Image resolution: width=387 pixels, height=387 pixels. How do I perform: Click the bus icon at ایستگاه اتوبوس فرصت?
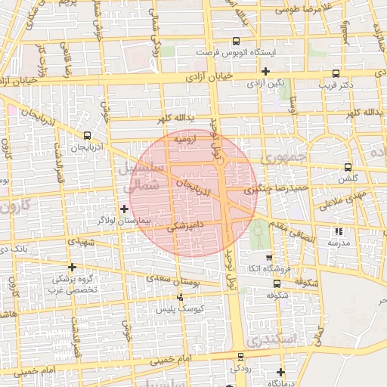point(237,41)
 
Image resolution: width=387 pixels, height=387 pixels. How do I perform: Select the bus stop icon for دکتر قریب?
point(336,73)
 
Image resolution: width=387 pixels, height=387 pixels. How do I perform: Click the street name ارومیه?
point(185,139)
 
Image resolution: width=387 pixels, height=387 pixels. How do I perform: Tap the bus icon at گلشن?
point(348,167)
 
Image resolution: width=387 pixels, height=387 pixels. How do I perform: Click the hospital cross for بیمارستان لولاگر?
point(125,208)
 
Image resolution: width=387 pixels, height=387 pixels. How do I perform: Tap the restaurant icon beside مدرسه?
point(338,231)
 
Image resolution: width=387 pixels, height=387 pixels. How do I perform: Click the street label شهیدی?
point(82,242)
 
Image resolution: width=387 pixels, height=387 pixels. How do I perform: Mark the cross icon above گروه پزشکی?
point(72,267)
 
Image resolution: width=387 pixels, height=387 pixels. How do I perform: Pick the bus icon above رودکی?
point(241,356)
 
